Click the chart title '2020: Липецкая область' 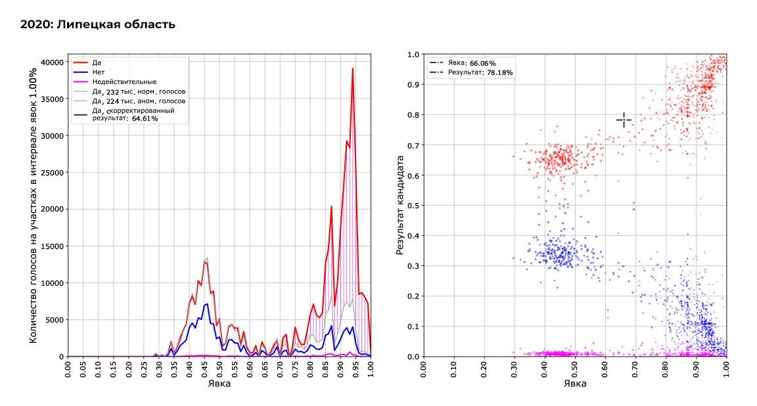[98, 25]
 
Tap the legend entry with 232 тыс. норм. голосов [139, 91]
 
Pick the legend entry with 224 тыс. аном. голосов [139, 101]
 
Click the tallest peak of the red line [352, 68]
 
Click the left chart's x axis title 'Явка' [219, 384]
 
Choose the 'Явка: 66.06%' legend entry [470, 62]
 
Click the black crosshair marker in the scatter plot [624, 120]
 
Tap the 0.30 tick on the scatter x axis [514, 368]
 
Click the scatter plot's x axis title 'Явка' [575, 384]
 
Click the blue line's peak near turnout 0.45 [206, 304]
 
